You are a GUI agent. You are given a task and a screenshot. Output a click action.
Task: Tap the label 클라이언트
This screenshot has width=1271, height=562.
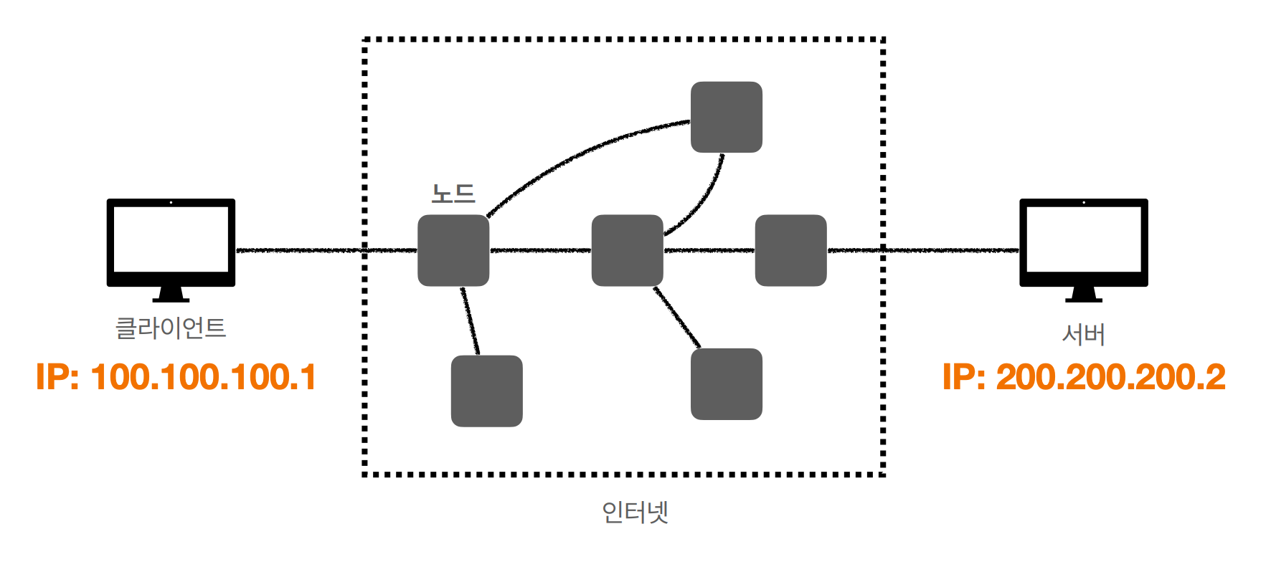pyautogui.click(x=171, y=328)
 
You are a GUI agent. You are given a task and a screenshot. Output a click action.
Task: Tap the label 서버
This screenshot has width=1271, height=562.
pyautogui.click(x=1083, y=334)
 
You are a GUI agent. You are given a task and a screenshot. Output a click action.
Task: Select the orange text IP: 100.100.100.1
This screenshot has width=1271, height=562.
pyautogui.click(x=176, y=377)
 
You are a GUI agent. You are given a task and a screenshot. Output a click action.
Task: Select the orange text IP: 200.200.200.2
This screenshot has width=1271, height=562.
pyautogui.click(x=1083, y=377)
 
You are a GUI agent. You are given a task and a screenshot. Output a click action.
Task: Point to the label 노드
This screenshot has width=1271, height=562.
pyautogui.click(x=453, y=194)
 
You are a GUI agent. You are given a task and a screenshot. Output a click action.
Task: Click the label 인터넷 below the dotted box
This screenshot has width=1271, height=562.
pyautogui.click(x=635, y=512)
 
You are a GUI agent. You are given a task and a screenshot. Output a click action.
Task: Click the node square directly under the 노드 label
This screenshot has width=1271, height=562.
pyautogui.click(x=453, y=250)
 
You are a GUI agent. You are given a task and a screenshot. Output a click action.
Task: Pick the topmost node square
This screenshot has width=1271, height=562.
pyautogui.click(x=726, y=117)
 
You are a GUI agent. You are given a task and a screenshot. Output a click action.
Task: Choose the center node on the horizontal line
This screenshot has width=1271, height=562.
pyautogui.click(x=627, y=250)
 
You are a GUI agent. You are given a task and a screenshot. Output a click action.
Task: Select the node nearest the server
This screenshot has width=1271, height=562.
pyautogui.click(x=790, y=250)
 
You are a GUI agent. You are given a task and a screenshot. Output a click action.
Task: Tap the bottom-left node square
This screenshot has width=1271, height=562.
pyautogui.click(x=486, y=391)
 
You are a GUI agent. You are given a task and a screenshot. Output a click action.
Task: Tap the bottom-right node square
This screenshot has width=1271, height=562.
pyautogui.click(x=726, y=384)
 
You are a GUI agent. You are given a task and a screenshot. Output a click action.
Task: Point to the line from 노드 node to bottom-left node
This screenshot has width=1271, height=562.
pyautogui.click(x=470, y=320)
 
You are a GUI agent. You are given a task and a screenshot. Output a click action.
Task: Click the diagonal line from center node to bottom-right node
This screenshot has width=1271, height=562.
pyautogui.click(x=676, y=317)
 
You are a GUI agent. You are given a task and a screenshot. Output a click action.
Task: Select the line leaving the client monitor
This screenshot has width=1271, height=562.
pyautogui.click(x=301, y=250)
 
